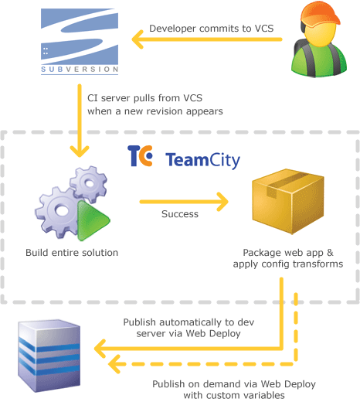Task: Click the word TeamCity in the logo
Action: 202,161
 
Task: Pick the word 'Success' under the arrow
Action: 179,215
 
